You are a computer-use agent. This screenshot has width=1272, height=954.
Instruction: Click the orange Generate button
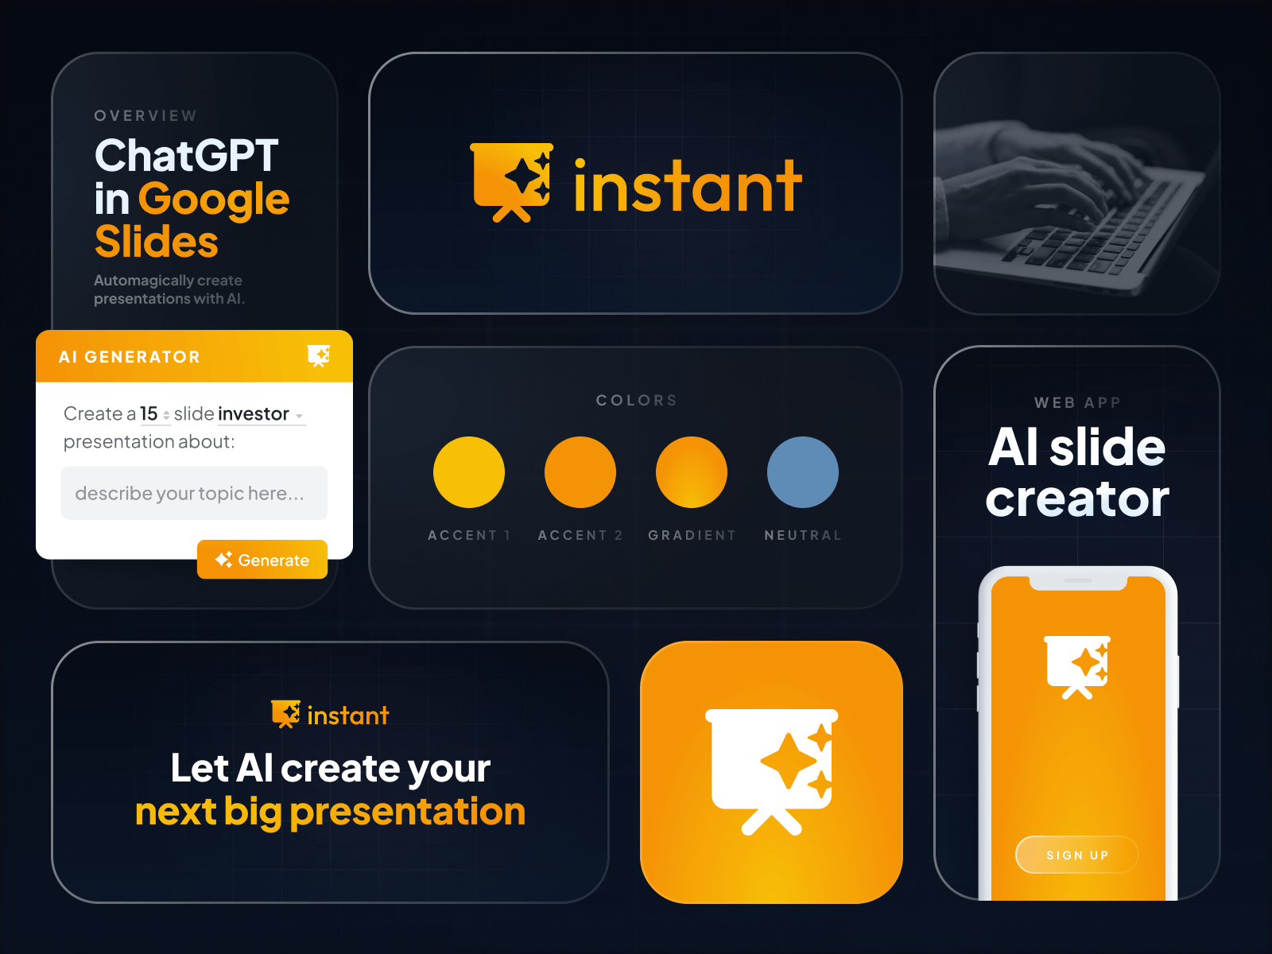(x=262, y=560)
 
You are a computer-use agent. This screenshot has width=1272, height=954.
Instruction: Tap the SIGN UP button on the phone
(x=1076, y=855)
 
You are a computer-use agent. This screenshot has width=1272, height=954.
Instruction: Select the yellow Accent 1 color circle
(x=469, y=472)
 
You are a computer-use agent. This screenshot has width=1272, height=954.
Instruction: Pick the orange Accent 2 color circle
(x=580, y=472)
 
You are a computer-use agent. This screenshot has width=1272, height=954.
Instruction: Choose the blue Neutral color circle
(x=803, y=472)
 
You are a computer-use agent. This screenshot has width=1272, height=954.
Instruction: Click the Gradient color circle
(x=692, y=472)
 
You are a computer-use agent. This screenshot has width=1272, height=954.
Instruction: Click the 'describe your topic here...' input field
(x=194, y=493)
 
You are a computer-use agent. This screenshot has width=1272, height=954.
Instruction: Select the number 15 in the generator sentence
(x=149, y=413)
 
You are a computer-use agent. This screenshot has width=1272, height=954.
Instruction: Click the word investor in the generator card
(x=254, y=413)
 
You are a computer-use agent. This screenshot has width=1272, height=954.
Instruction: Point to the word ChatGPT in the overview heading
(x=186, y=155)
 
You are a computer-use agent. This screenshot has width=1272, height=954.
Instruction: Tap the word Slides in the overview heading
(x=156, y=242)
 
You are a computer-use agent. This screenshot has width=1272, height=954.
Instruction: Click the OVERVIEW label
(x=145, y=116)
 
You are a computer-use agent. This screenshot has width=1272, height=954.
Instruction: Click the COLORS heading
(x=636, y=400)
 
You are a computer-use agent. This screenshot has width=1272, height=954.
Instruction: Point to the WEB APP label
(x=1077, y=402)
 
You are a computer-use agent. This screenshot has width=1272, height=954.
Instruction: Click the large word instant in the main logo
(x=688, y=187)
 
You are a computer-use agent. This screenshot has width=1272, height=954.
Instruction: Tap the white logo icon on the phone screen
(x=1077, y=666)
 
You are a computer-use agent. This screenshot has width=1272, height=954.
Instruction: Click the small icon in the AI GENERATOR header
(x=319, y=355)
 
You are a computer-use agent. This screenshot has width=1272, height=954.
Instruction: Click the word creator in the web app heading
(x=1077, y=498)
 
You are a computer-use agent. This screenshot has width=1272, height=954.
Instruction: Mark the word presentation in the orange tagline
(x=407, y=812)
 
